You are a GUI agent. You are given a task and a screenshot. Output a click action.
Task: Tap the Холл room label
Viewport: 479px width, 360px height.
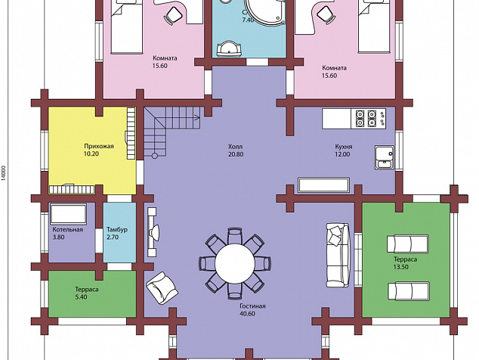[235, 146]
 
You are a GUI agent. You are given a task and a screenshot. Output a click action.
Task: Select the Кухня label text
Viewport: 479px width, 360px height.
[343, 146]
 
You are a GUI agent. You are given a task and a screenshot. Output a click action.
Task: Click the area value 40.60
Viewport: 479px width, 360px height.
[248, 314]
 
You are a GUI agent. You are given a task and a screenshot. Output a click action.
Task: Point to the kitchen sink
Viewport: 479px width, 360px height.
[385, 157]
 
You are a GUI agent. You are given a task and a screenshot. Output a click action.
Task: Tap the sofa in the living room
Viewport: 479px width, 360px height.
[338, 255]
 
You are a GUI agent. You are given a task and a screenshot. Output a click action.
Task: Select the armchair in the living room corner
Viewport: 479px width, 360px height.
[162, 288]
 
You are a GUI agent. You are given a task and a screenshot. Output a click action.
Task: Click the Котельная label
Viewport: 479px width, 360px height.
[67, 230]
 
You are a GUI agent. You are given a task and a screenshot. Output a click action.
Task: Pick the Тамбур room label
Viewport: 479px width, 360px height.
[117, 230]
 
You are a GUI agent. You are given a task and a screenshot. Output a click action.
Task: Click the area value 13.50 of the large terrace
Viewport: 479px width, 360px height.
[401, 267]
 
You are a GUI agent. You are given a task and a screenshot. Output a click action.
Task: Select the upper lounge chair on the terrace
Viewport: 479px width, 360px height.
[407, 244]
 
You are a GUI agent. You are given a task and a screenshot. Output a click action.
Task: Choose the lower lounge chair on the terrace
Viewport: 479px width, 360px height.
[409, 291]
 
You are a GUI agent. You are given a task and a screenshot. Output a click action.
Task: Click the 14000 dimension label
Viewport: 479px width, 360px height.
[3, 173]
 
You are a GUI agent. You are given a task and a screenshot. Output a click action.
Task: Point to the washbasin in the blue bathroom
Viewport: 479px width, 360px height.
[229, 49]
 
